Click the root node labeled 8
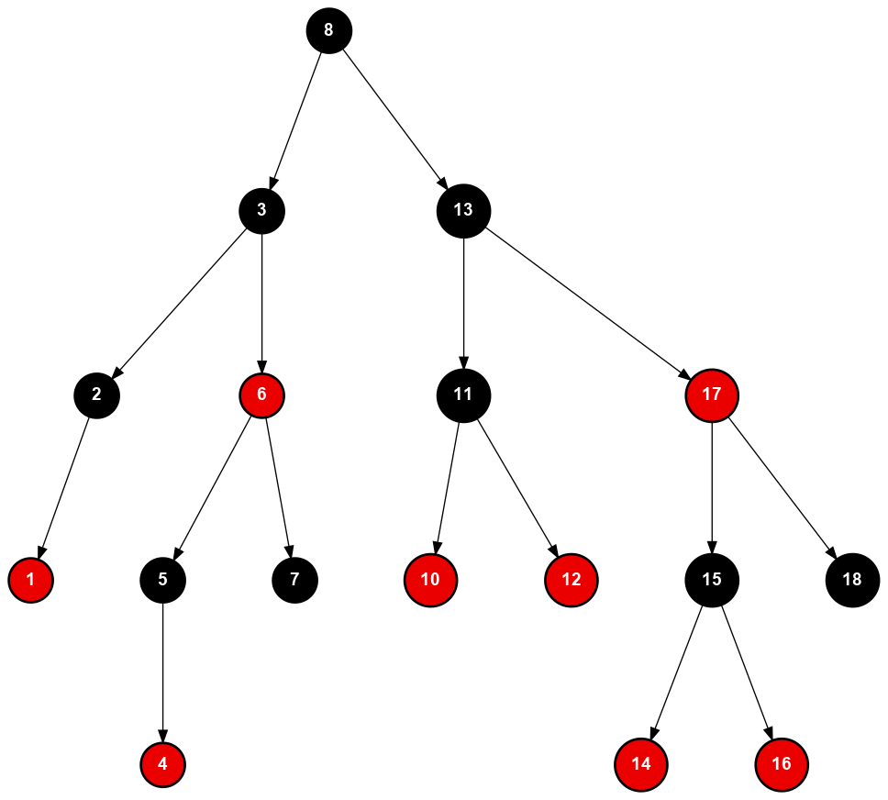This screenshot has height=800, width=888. point(328,30)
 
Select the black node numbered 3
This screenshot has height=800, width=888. point(261,211)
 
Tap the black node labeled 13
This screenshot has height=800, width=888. point(463,211)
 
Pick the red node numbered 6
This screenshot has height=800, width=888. point(261,395)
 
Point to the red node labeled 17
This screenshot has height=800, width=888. point(712,395)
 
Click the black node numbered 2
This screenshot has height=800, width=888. point(96,395)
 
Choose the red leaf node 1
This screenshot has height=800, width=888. point(30,580)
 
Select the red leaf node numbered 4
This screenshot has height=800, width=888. point(163,763)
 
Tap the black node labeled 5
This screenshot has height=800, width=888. point(163,580)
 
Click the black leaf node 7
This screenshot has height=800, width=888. point(294,580)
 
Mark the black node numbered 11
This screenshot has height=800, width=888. point(463,395)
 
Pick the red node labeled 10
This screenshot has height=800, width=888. point(430,580)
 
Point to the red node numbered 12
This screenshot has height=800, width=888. point(571,580)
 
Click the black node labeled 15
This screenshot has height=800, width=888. point(712,580)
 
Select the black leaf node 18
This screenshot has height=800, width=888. point(852,580)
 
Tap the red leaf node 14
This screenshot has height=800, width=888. point(641,763)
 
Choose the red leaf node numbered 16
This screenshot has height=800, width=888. point(782,763)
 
